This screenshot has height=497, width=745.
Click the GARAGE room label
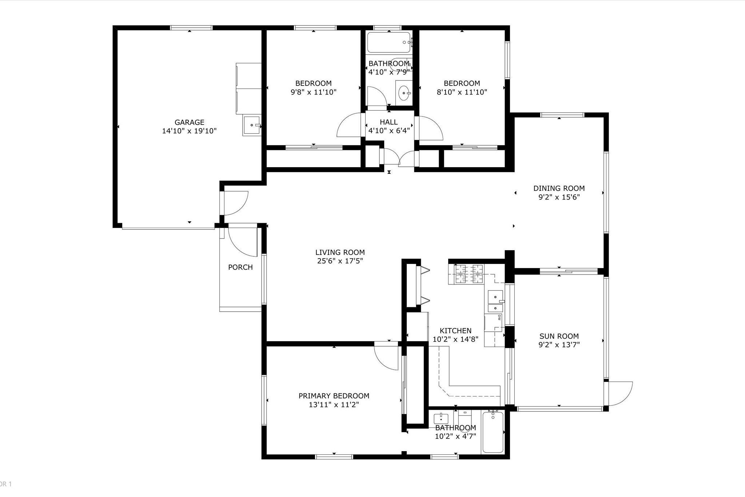click(x=189, y=122)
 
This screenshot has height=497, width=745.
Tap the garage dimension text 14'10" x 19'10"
click(x=189, y=131)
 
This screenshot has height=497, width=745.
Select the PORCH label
click(x=240, y=267)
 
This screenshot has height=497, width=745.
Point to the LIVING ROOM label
click(x=340, y=252)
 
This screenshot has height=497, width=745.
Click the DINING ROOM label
click(x=559, y=188)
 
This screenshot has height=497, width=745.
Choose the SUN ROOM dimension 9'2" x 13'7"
click(x=559, y=345)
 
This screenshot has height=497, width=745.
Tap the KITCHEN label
click(x=455, y=331)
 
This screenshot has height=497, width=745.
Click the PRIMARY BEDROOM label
click(x=334, y=396)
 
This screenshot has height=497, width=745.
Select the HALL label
click(x=389, y=122)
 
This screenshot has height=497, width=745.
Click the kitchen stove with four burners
click(x=469, y=274)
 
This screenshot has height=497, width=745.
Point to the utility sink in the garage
click(x=252, y=126)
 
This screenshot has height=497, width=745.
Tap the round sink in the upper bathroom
click(x=404, y=94)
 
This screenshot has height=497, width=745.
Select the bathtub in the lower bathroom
click(x=493, y=432)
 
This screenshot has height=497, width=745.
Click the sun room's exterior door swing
click(x=621, y=393)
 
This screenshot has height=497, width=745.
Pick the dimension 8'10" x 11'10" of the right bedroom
click(x=462, y=92)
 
